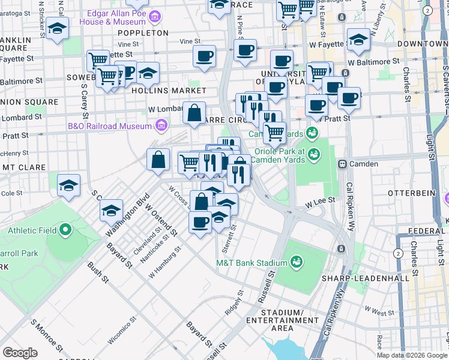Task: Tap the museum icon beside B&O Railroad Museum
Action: tap(160, 126)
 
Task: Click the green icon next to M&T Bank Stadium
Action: tap(295, 262)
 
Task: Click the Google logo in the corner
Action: tap(20, 353)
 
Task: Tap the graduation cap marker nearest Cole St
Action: tap(69, 184)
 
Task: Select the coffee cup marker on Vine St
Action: tap(204, 56)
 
